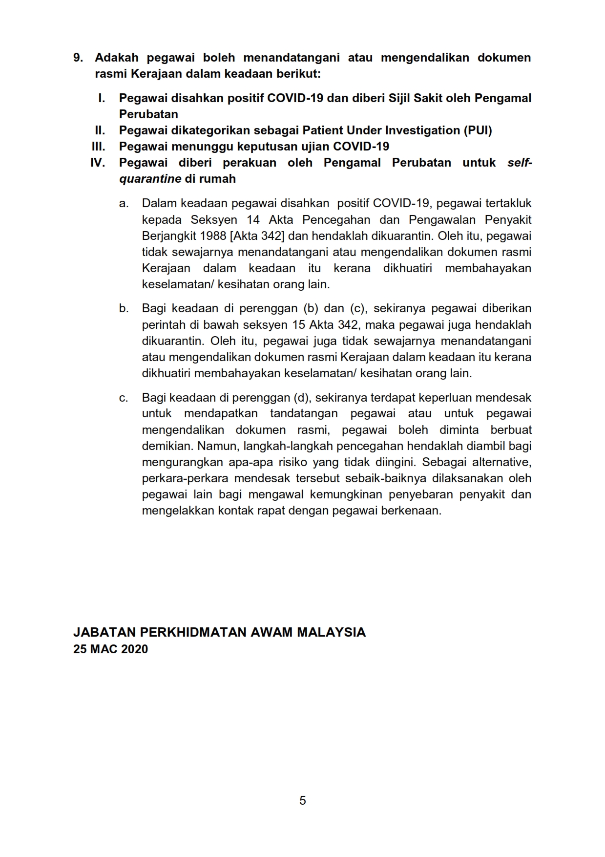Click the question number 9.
[x=78, y=58]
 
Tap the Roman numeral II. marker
[x=100, y=130]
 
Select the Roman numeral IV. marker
[x=98, y=163]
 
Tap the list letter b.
[x=124, y=309]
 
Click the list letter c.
[x=124, y=398]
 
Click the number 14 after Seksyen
[x=253, y=220]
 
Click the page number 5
[x=303, y=800]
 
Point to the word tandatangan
[x=304, y=414]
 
